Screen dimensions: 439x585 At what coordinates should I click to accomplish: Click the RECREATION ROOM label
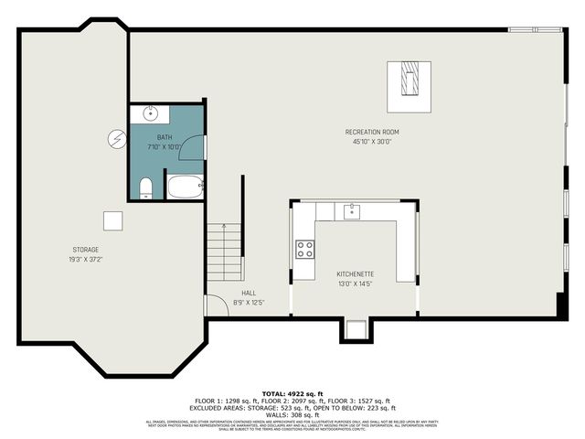tap(371, 132)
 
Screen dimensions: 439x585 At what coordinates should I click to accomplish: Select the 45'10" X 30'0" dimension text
tap(371, 141)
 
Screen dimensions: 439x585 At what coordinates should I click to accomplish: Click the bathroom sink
tap(151, 114)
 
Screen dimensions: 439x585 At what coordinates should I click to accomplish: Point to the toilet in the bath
tap(145, 187)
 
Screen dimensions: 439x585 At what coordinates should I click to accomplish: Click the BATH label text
tap(164, 137)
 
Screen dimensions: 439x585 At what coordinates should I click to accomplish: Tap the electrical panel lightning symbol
tap(116, 139)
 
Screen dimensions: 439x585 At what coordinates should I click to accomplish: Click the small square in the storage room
tap(112, 220)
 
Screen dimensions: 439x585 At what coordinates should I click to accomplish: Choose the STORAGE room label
tap(86, 250)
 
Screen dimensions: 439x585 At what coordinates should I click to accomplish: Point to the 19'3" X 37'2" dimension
tap(86, 259)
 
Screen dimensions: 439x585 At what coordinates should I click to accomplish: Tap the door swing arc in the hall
tap(214, 305)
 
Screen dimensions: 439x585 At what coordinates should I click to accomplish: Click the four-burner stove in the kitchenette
tap(304, 249)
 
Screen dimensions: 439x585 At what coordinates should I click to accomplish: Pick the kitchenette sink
tap(352, 212)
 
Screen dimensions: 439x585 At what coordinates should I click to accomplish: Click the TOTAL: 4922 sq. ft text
tap(292, 392)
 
